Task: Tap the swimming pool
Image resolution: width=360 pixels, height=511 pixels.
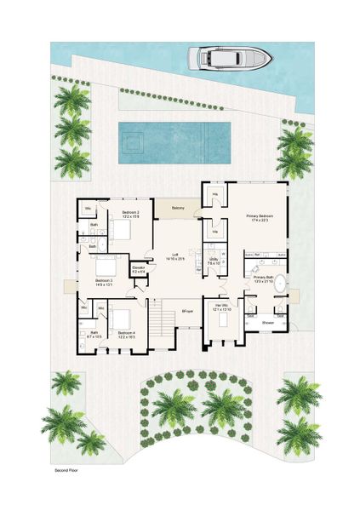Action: (x=174, y=135)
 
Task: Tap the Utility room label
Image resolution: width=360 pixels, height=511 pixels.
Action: (x=214, y=261)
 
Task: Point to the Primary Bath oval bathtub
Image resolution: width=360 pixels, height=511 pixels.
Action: (x=278, y=286)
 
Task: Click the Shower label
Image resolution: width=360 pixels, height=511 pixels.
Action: (x=267, y=323)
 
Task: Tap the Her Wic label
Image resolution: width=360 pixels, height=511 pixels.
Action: (x=221, y=307)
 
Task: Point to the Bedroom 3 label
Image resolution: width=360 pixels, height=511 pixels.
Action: (x=104, y=280)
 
